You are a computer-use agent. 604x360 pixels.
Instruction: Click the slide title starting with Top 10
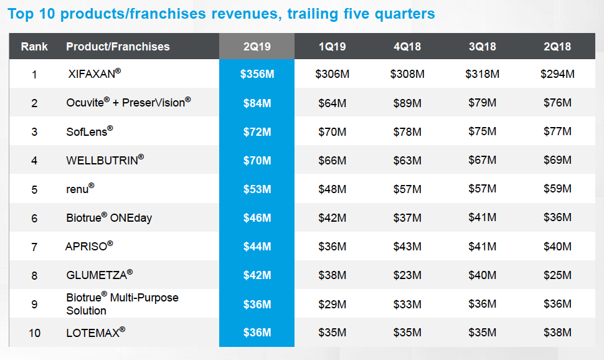[222, 14]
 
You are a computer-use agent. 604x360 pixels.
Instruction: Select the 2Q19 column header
[257, 47]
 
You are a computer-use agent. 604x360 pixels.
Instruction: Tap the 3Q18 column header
[482, 47]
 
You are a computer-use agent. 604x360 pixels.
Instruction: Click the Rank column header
[34, 47]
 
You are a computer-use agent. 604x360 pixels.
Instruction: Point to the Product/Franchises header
[118, 47]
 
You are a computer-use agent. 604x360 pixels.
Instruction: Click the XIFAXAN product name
[94, 74]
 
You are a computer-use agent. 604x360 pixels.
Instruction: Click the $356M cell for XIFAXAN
[257, 74]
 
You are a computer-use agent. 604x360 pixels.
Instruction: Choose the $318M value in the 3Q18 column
[482, 74]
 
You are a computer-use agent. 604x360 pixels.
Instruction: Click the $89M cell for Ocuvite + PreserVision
[407, 103]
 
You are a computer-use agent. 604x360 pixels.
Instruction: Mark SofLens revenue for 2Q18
[557, 131]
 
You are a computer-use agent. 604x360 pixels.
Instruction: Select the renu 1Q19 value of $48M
[332, 189]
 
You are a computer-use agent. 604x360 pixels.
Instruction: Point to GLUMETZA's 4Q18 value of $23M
[407, 275]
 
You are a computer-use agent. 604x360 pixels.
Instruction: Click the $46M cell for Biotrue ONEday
[257, 217]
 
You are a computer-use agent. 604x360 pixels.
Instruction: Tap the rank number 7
[34, 247]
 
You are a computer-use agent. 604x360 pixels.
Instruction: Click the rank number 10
[34, 333]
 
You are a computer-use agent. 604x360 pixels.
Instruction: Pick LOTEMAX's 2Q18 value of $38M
[557, 333]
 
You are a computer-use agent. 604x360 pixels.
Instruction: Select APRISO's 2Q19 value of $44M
[257, 247]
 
